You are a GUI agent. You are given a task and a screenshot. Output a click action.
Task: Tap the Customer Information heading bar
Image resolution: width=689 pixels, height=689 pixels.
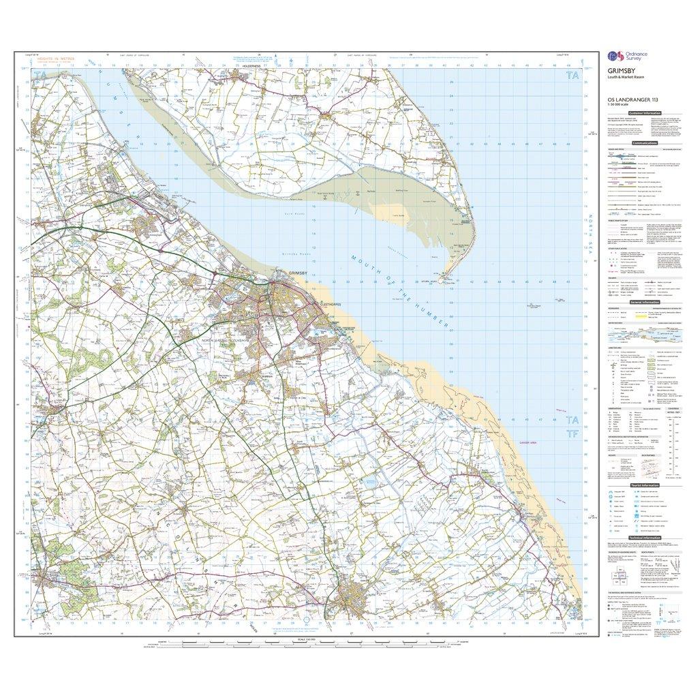646,112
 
